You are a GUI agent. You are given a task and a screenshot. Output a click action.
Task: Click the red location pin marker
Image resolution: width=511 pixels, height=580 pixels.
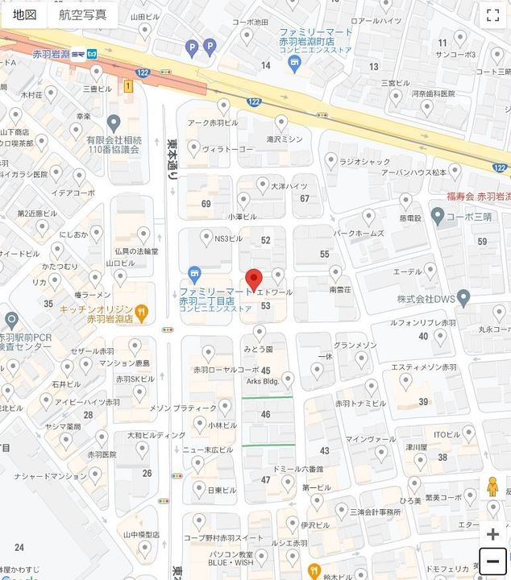pyautogui.click(x=254, y=278)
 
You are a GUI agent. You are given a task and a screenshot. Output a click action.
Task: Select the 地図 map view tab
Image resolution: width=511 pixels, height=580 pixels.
pyautogui.click(x=24, y=14)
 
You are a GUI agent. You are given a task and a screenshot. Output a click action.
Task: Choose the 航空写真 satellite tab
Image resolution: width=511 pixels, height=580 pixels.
pyautogui.click(x=82, y=14)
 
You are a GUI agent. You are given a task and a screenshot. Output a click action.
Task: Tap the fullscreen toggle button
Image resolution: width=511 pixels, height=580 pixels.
pyautogui.click(x=492, y=14)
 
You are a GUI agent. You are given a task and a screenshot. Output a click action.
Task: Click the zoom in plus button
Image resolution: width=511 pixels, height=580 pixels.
pyautogui.click(x=492, y=534)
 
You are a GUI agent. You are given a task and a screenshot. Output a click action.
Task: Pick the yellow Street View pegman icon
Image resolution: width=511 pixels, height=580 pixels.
pyautogui.click(x=492, y=487)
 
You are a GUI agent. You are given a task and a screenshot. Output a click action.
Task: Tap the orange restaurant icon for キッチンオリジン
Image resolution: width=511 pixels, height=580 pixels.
pyautogui.click(x=142, y=311)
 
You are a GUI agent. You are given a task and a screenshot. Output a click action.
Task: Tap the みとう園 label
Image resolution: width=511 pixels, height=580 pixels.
pyautogui.click(x=259, y=350)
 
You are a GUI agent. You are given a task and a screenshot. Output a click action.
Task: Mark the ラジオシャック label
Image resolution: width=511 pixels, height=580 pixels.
pyautogui.click(x=364, y=161)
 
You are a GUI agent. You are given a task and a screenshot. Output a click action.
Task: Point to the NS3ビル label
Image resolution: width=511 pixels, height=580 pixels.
pyautogui.click(x=228, y=238)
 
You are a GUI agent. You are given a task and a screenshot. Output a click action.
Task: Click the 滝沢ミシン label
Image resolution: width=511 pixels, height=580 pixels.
pyautogui.click(x=285, y=139)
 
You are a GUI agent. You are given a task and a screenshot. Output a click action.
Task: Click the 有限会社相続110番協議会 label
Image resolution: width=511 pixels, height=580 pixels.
pyautogui.click(x=113, y=144)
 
